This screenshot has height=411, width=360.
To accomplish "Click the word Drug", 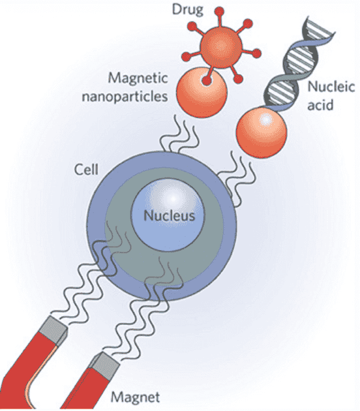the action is click(187, 10).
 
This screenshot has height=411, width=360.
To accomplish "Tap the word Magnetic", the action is click(138, 78).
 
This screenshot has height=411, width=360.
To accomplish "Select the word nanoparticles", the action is click(125, 96).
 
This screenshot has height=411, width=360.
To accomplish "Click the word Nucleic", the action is click(331, 87).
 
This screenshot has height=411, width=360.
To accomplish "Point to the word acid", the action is click(320, 105).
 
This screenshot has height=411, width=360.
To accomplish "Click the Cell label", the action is click(86, 170).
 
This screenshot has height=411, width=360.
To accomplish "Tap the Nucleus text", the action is click(169, 216).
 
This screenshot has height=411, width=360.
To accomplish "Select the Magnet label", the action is click(135, 397).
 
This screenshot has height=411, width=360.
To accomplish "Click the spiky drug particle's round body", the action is click(221, 47).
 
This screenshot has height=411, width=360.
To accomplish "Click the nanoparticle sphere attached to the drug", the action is click(201, 92).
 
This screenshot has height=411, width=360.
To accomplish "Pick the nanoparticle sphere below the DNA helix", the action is click(261, 132).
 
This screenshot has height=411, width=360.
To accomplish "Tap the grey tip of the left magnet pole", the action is click(55, 331).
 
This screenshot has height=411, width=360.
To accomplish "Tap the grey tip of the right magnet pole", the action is click(105, 365).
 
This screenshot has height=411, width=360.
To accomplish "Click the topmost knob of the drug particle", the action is click(219, 11).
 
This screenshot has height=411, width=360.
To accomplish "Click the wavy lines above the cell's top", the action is click(180, 135).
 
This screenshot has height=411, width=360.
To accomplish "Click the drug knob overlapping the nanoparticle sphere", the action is click(207, 80).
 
